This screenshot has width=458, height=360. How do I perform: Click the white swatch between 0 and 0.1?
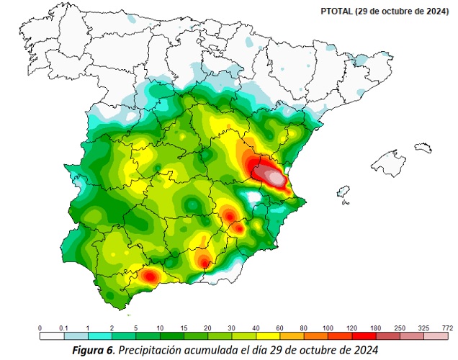pyautogui.click(x=51, y=336)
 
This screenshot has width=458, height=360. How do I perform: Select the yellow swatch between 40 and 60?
pyautogui.click(x=267, y=336)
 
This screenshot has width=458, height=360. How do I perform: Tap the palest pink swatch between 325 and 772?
pyautogui.click(x=436, y=336)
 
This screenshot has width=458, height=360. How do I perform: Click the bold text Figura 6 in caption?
pyautogui.click(x=94, y=351)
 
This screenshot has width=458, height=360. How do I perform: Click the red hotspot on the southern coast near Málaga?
pyautogui.click(x=151, y=275)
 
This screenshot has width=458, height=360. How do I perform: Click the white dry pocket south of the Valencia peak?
pyautogui.click(x=252, y=197)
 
